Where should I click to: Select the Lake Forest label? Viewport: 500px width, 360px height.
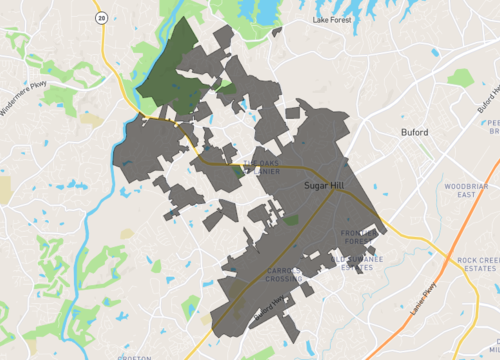point(333,19)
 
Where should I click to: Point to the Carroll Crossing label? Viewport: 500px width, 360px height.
point(291,277)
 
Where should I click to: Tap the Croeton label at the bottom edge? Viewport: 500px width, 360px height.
point(132,356)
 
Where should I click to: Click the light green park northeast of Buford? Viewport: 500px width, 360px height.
point(461,77)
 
